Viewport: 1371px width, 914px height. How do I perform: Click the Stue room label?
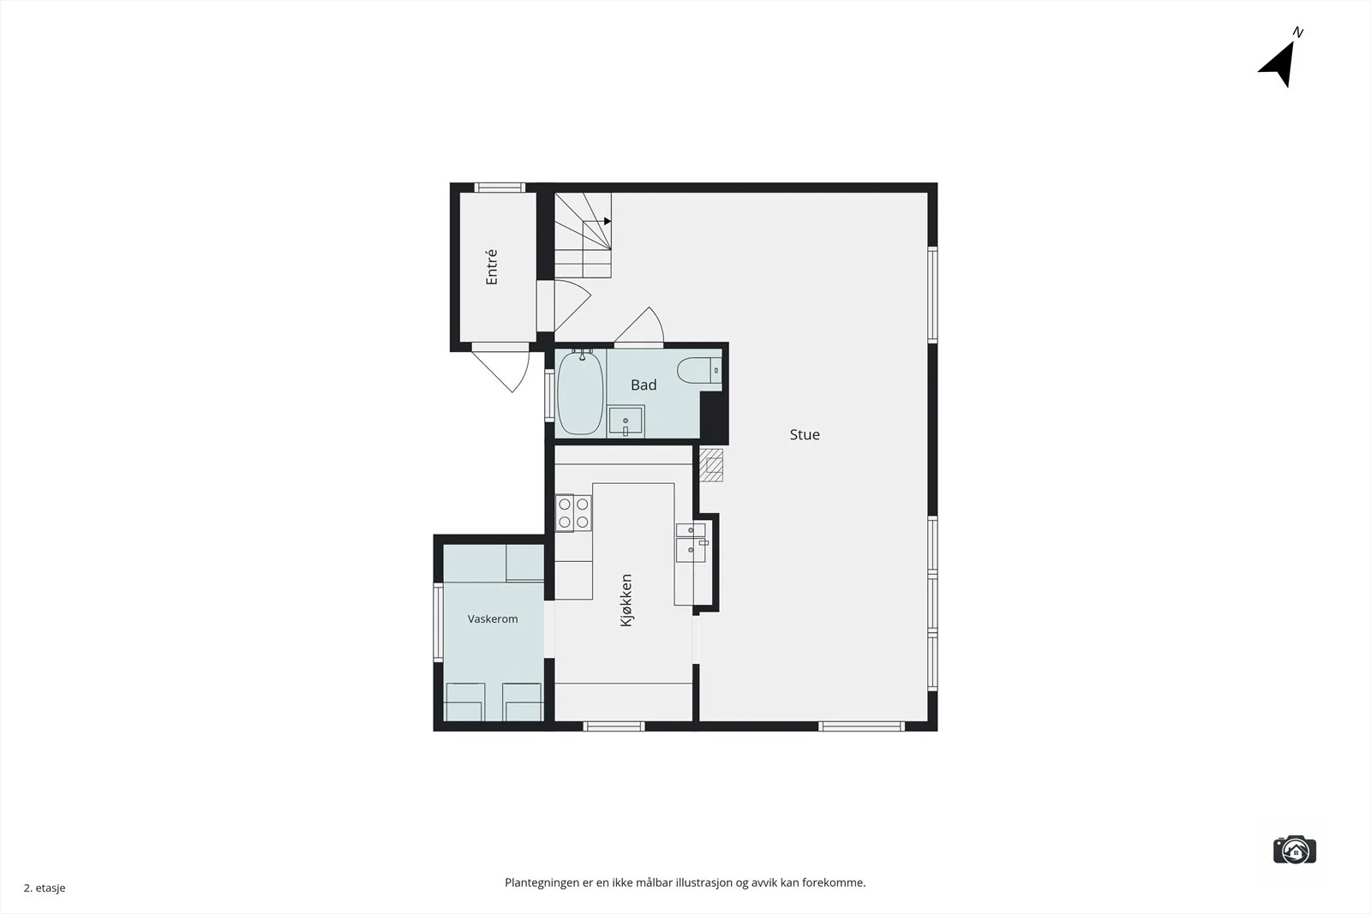[x=805, y=434]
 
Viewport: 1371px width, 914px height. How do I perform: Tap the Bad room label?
[x=644, y=385]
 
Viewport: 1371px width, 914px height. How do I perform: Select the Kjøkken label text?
[x=626, y=600]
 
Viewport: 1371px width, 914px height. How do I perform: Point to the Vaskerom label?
[x=493, y=619]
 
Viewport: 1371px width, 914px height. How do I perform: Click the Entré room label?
[x=492, y=266]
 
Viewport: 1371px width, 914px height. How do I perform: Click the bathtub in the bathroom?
[x=579, y=392]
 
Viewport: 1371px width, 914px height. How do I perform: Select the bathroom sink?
[x=626, y=421]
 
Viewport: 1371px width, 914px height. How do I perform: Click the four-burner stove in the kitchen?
[x=573, y=513]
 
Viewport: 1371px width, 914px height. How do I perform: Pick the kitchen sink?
[x=691, y=542]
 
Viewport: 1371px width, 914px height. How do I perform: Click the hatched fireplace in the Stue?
[x=711, y=465]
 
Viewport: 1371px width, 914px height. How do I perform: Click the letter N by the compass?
[x=1297, y=33]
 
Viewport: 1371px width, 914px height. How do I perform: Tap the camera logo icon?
[x=1295, y=850]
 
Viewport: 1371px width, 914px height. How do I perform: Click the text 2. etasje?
[x=45, y=887]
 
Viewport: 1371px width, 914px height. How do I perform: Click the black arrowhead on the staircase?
[x=608, y=221]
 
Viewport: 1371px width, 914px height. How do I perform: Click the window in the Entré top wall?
[x=500, y=188]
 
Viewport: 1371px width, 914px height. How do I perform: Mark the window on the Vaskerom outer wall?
[x=438, y=622]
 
